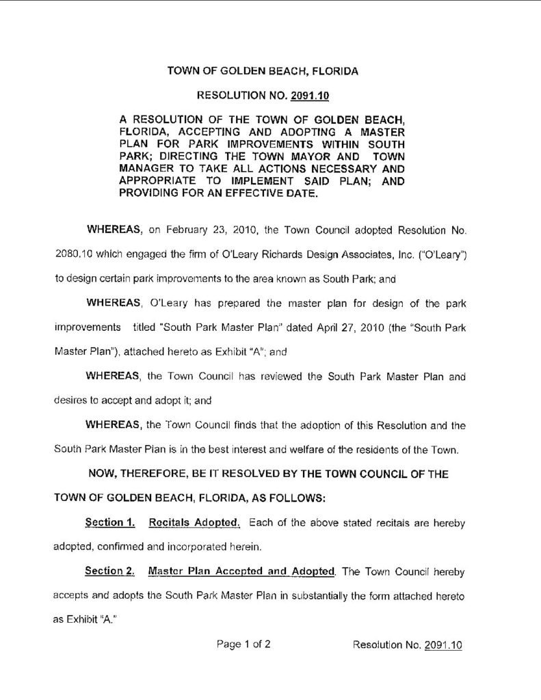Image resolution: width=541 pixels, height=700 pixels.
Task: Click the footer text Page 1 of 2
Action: (x=243, y=644)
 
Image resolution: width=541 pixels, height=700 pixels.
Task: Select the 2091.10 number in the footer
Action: (x=443, y=645)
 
